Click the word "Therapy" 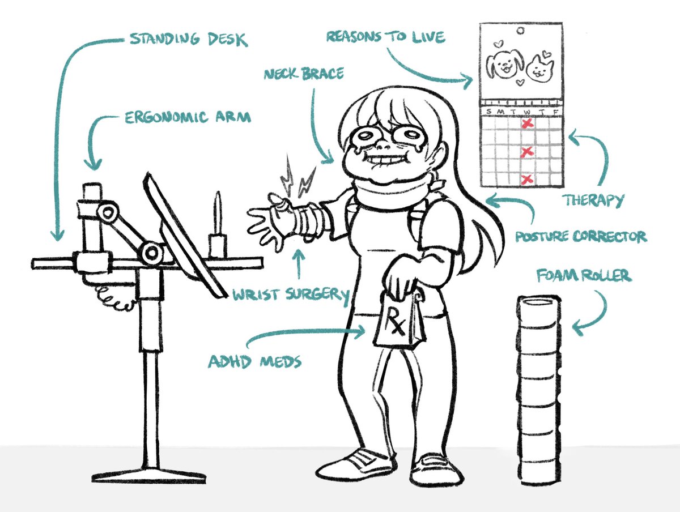593,200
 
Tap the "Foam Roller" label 584,276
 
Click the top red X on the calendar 527,123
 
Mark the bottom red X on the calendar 527,180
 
